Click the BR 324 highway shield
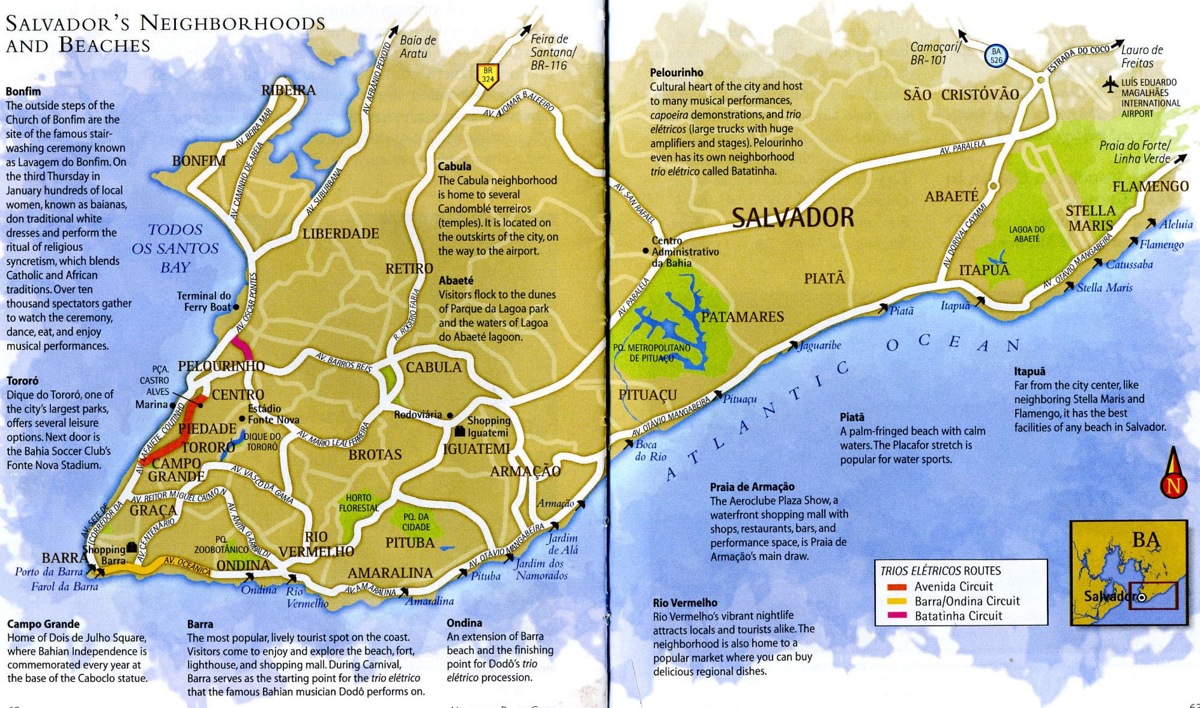pos(487,76)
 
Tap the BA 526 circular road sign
pos(996,56)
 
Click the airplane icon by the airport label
pos(1111,85)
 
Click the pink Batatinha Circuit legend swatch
pos(897,616)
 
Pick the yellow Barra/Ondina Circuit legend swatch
pos(897,601)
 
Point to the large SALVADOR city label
pos(792,217)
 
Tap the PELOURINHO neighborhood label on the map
pos(221,366)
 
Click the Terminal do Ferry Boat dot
pos(236,307)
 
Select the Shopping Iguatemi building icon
pos(459,432)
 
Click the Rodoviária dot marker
pos(450,415)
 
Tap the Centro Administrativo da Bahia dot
pos(645,251)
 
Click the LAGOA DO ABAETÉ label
pos(1027,234)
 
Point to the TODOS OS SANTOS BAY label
pos(175,248)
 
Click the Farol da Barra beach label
pos(64,587)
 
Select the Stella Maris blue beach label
pos(1104,288)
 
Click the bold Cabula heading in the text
pos(454,166)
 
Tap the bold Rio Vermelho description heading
pos(685,602)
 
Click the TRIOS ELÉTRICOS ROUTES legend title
pos(940,570)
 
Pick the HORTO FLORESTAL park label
pos(358,503)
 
